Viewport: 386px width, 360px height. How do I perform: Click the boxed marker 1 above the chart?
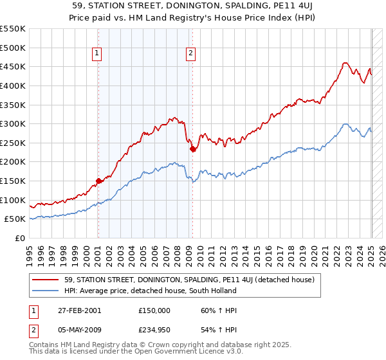click(97, 54)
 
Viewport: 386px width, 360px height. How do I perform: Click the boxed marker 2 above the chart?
click(191, 54)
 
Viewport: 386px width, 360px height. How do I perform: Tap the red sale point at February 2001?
click(98, 181)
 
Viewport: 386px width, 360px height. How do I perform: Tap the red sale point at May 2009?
click(192, 148)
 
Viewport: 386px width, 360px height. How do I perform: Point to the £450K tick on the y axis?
click(14, 66)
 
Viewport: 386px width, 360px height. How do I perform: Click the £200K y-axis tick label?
click(14, 161)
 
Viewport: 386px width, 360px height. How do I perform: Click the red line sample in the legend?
click(47, 280)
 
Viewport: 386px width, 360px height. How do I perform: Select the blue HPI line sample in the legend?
click(47, 291)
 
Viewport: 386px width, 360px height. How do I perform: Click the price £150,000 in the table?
click(154, 310)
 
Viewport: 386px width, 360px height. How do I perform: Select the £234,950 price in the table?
click(154, 331)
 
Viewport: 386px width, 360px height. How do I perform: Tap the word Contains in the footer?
click(44, 346)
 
